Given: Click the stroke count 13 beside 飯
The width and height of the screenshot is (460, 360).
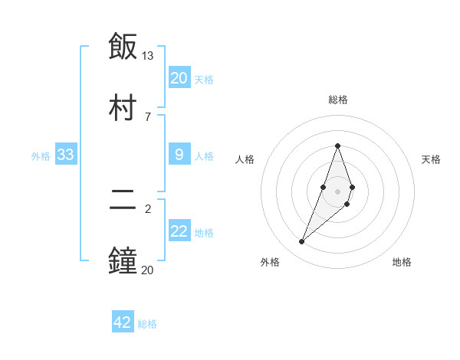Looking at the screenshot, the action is click(x=148, y=56).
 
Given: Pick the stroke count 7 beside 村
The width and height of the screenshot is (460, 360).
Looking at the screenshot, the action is click(x=148, y=116).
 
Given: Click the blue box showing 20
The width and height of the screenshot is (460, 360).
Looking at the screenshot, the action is click(x=179, y=77).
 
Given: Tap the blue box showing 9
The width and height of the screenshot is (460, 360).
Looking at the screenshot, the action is click(x=179, y=155).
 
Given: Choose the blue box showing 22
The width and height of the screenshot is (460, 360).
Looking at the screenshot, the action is click(x=179, y=231).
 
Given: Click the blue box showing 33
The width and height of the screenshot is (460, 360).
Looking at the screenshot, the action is click(x=66, y=155).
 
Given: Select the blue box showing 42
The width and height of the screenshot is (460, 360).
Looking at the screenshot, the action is click(x=123, y=322).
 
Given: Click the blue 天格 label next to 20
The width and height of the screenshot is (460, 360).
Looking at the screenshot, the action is click(x=204, y=79).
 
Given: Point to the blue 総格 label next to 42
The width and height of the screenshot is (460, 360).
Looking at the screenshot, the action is click(x=147, y=324).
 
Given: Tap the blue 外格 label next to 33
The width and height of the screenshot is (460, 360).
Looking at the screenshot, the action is click(x=41, y=156).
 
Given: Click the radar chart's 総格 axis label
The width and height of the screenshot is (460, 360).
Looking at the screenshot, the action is click(x=337, y=100).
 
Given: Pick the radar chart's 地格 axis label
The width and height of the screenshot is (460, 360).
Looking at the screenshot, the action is click(x=402, y=262).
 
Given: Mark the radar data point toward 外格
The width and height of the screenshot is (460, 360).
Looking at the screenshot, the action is click(x=302, y=242).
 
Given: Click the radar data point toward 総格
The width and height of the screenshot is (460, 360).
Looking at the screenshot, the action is click(x=337, y=146).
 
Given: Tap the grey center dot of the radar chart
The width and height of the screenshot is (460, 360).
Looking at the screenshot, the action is click(x=337, y=190).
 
